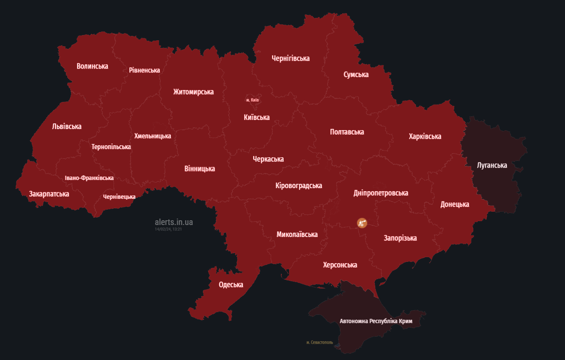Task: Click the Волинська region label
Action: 92,66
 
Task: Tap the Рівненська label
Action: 144,70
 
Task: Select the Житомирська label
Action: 193,92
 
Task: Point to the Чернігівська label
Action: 290,58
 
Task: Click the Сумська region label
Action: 356,75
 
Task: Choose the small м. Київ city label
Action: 252,100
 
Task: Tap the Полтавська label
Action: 347,132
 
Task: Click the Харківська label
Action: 424,137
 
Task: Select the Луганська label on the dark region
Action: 492,165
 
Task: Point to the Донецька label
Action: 454,204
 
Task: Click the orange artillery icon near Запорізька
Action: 362,222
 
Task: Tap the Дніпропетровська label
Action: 380,193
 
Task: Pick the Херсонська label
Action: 340,265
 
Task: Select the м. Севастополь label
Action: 320,342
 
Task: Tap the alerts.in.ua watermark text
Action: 173,222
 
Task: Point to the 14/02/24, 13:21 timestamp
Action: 168,229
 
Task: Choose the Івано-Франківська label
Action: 89,178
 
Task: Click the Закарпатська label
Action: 49,194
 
